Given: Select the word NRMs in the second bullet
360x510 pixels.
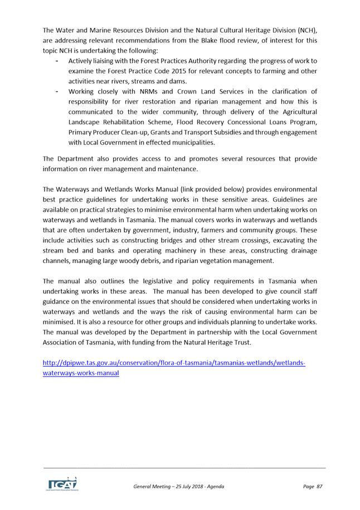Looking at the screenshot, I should click(147, 91).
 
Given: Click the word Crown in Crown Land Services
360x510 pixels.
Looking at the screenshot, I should click(181, 91).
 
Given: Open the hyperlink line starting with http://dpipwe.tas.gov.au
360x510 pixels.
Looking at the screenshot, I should click(174, 363).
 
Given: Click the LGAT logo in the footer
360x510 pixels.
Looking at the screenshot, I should click(61, 484).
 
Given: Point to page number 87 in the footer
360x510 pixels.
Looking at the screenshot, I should click(319, 487).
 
